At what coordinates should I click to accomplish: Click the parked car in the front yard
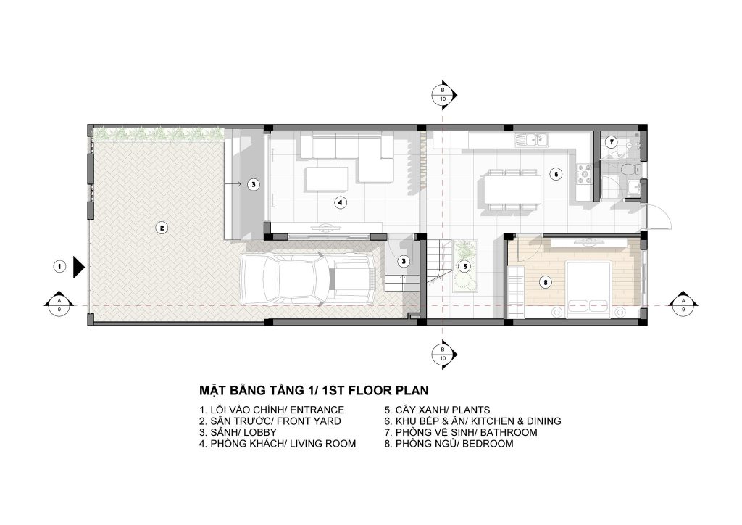pos(309,280)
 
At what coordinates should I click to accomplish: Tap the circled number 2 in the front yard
pos(162,228)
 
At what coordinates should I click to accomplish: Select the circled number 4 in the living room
pos(340,203)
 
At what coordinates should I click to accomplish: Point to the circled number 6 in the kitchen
pos(556,174)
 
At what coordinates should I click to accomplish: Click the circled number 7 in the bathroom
pos(612,141)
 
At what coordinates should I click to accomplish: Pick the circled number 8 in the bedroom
pos(546,283)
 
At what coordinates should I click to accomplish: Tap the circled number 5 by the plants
pos(465,267)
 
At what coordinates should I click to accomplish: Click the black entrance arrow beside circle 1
pos(78,267)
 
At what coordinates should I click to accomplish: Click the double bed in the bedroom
pos(588,287)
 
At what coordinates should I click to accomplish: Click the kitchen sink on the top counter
pos(531,139)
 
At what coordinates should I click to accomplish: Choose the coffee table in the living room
pos(327,179)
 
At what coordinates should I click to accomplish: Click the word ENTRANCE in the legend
pos(317,410)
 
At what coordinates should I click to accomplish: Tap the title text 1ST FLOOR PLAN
pos(376,391)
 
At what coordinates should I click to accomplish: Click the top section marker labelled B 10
pos(443,95)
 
